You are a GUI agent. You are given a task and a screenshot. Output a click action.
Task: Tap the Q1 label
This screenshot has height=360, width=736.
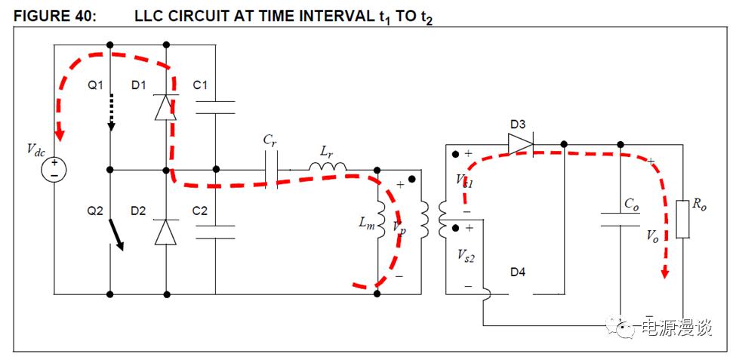tap(94, 85)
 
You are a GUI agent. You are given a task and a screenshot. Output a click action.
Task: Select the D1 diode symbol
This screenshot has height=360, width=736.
tap(165, 107)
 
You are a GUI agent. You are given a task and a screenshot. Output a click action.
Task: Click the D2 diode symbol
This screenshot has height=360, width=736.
tap(165, 232)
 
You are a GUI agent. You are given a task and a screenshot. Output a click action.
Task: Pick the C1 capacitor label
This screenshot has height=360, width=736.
tap(200, 85)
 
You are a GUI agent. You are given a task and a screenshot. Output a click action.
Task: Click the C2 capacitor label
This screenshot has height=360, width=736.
tap(200, 211)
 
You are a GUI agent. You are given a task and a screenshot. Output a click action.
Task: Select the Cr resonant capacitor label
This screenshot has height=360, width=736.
tap(269, 140)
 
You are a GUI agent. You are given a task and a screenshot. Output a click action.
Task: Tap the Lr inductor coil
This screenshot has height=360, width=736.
tap(327, 166)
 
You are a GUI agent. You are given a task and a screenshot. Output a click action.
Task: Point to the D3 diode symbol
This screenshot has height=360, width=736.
tap(519, 144)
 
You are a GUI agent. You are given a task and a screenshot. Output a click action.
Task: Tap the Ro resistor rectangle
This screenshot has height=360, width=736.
tap(682, 219)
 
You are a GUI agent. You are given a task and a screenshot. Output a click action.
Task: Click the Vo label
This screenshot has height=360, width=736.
tap(652, 235)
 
